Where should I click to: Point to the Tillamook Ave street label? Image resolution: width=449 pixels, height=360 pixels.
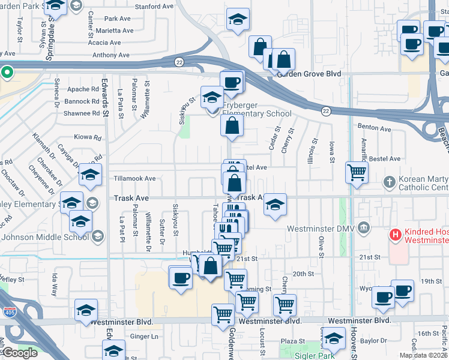[x=131, y=179]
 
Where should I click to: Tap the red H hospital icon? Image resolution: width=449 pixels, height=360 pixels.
[x=395, y=234]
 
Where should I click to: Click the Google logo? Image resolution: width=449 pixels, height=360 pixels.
[x=20, y=353]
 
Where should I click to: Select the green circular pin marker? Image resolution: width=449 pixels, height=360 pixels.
[x=7, y=73]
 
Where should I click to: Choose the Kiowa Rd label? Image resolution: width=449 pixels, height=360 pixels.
[x=87, y=137]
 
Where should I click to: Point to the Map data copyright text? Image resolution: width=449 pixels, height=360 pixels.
[x=423, y=355]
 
